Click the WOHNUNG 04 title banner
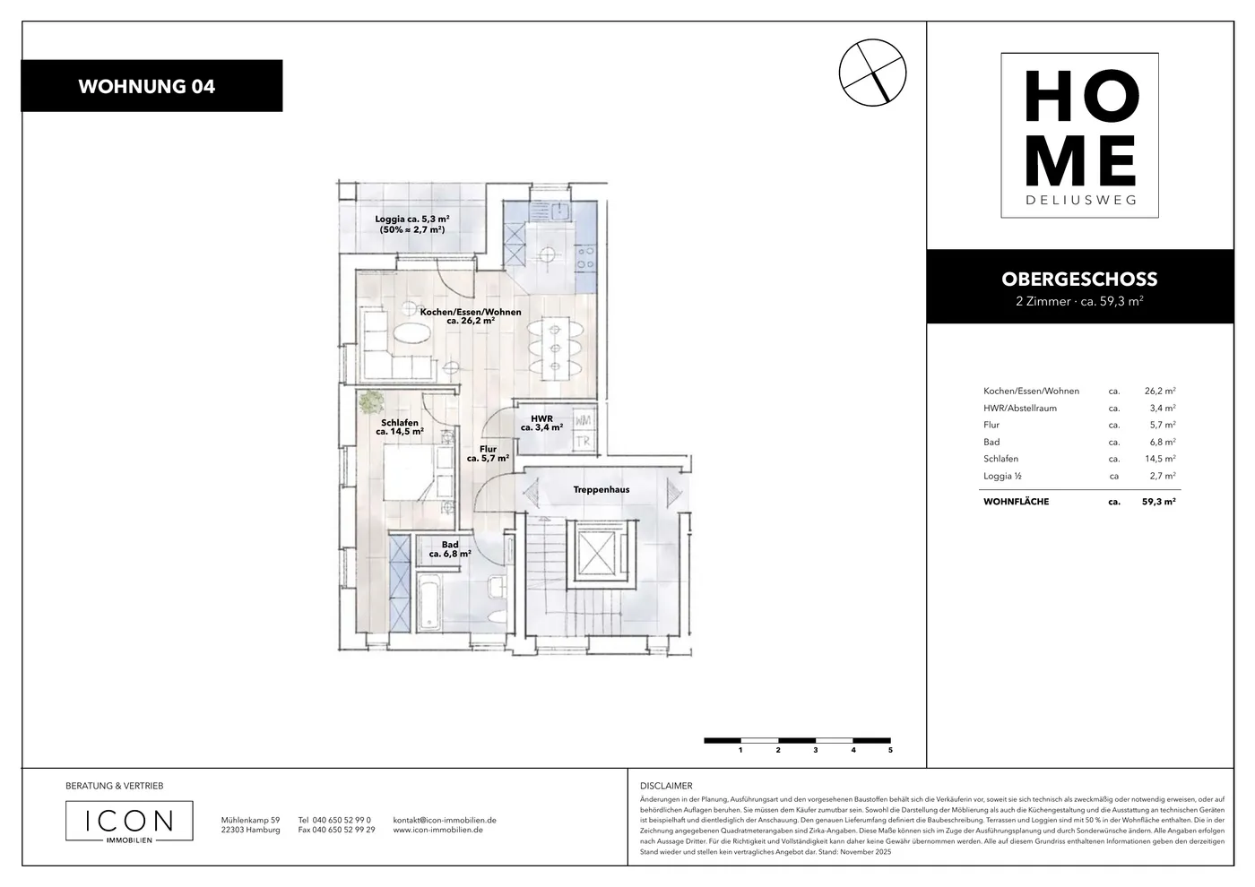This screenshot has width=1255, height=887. pos(151,86)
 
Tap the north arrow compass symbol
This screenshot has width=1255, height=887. pos(872,73)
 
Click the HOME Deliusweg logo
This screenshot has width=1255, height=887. pos(1079,135)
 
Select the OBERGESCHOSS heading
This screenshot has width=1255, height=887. pos(1079,279)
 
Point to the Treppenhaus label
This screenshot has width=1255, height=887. pos(602,489)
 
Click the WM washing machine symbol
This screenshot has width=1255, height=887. pos(584,420)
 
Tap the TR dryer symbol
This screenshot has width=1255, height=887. pos(584,441)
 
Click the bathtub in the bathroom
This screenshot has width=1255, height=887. pos(429,602)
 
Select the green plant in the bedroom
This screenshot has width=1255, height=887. pos(370,402)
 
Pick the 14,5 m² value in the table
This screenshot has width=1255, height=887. pos(1160,459)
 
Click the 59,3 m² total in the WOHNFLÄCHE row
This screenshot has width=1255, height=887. pos(1158,502)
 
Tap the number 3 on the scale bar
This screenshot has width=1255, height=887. pos(815,750)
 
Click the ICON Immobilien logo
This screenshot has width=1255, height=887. pos(129,822)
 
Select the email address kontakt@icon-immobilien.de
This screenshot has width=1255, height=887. pos(445,820)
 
